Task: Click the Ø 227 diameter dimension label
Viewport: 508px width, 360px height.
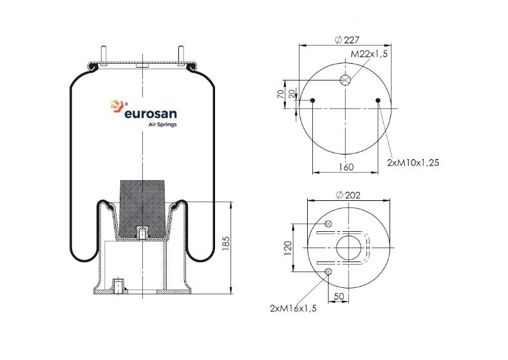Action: point(346,40)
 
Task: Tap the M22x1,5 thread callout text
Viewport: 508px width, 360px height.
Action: point(370,54)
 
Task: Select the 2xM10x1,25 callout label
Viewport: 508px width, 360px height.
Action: point(413,162)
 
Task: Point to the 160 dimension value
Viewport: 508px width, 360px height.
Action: point(346,167)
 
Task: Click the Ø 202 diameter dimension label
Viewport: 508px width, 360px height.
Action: point(348,195)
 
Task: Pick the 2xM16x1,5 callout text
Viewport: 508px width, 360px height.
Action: point(293,308)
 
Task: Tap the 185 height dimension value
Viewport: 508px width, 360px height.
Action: point(226,243)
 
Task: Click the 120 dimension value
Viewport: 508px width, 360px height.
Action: point(288,248)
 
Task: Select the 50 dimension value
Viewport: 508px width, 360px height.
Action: point(339,296)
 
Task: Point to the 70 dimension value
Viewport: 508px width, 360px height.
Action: point(281,94)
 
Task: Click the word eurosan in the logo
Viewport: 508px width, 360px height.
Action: point(151,114)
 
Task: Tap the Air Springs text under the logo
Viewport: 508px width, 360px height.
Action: point(162,124)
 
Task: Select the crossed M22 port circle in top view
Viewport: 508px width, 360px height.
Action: point(345,80)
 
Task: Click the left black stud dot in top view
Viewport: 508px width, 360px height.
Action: point(313,100)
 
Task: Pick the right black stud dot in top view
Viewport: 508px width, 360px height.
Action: point(378,100)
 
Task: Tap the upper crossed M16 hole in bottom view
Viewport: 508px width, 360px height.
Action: point(328,223)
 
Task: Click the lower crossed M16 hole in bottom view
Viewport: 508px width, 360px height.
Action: point(328,272)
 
